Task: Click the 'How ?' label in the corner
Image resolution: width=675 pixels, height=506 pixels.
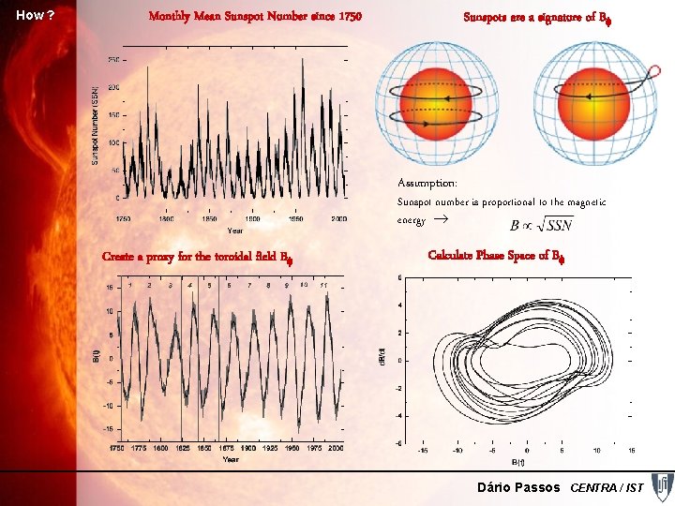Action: tap(36, 15)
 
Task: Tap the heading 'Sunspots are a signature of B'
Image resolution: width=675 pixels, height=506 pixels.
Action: tap(530, 16)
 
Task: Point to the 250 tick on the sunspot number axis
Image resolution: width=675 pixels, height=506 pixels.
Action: tap(113, 60)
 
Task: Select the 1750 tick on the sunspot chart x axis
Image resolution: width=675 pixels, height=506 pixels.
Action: tap(123, 218)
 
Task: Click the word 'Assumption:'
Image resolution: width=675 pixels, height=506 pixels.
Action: tap(427, 183)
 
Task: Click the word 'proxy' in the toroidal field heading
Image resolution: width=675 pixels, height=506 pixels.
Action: tap(185, 257)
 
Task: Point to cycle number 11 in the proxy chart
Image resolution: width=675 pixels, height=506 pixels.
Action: tap(323, 284)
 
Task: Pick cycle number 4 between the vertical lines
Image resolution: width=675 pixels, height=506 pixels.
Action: tap(190, 284)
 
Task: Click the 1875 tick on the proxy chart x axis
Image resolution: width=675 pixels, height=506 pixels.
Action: tap(227, 449)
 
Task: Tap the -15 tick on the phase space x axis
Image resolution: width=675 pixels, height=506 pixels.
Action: tap(424, 450)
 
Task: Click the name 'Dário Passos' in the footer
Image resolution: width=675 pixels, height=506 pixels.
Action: tap(518, 487)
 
